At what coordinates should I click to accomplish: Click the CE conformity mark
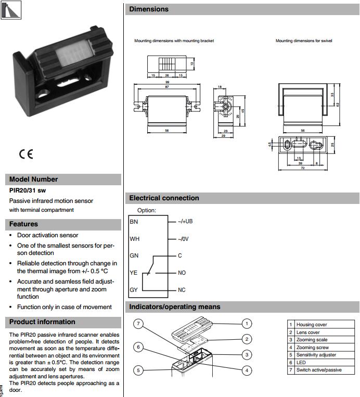pyautogui.click(x=26, y=154)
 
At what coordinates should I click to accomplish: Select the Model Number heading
pyautogui.click(x=33, y=180)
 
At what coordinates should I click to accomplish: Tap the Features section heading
pyautogui.click(x=23, y=224)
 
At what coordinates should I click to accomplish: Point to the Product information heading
pyautogui.click(x=42, y=322)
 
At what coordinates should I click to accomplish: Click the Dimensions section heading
pyautogui.click(x=149, y=9)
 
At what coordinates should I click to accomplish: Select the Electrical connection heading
pyautogui.click(x=164, y=198)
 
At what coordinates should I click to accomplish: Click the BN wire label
pyautogui.click(x=133, y=221)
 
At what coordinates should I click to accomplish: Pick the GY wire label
pyautogui.click(x=134, y=290)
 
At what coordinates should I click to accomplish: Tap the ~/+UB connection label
pyautogui.click(x=185, y=221)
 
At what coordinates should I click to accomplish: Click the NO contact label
pyautogui.click(x=182, y=273)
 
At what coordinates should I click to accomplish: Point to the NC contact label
pyautogui.click(x=182, y=290)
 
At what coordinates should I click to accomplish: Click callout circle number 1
pyautogui.click(x=248, y=324)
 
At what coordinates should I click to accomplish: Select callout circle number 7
pyautogui.click(x=138, y=324)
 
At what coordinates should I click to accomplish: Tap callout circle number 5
pyautogui.click(x=138, y=370)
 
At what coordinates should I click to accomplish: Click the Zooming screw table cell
pyautogui.click(x=312, y=348)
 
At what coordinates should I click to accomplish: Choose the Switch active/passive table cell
pyautogui.click(x=318, y=370)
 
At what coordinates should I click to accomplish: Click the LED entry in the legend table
pyautogui.click(x=301, y=363)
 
